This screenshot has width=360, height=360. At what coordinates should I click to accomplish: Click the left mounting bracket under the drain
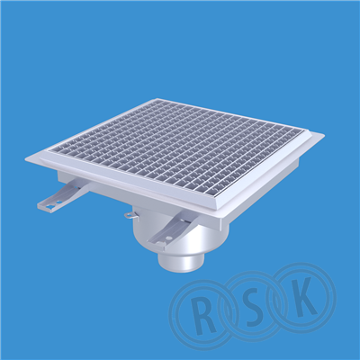(61, 196)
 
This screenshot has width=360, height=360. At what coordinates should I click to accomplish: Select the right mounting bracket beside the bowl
(170, 229)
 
